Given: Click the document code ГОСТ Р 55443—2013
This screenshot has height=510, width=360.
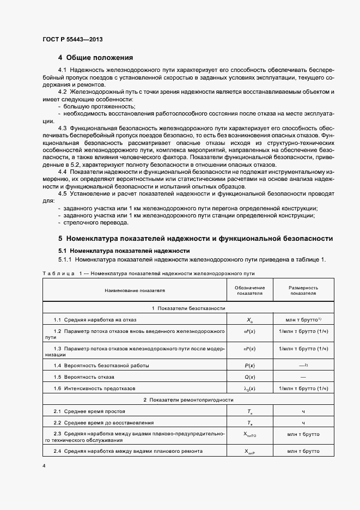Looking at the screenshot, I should (72, 40).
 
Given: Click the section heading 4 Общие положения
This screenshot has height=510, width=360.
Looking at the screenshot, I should (95, 57).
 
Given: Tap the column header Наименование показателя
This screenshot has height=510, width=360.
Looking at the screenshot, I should (135, 290).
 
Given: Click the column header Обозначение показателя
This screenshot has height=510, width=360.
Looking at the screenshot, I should (249, 290).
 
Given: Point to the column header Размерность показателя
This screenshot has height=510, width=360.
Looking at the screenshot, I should (303, 290).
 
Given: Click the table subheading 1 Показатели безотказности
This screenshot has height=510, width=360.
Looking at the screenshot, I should (188, 308).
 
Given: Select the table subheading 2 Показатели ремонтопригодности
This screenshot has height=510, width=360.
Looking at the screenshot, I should (188, 400).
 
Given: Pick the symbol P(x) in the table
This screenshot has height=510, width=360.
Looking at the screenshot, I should (249, 365).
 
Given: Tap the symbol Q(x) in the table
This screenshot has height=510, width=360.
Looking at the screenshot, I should (249, 377).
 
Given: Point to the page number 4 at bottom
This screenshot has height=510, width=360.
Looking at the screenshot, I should (43, 466).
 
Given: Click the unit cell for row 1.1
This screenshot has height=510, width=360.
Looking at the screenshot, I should (303, 319).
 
